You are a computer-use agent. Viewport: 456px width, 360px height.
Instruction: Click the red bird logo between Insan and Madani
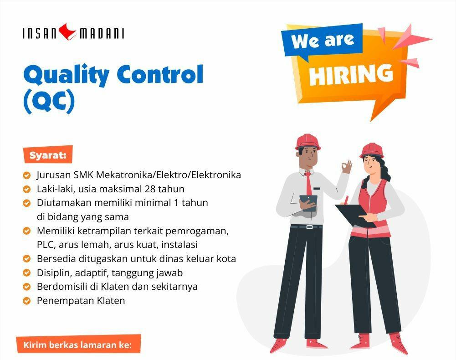coord(67,31)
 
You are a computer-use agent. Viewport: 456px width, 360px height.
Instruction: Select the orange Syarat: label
coord(48,154)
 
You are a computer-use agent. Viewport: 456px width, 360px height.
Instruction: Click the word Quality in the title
coord(67,75)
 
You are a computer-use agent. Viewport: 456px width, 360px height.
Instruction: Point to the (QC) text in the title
coord(49,102)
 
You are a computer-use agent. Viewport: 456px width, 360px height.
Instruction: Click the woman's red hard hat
coord(372,150)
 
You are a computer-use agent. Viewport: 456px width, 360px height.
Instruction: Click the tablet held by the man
coord(308,202)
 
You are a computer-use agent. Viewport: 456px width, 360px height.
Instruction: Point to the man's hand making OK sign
coord(346,166)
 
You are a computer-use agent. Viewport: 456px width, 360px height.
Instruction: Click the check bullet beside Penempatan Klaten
coord(26,301)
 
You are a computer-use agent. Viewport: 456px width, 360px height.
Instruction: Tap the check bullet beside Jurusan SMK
coord(26,175)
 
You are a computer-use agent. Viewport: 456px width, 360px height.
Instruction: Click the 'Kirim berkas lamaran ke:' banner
coord(78,345)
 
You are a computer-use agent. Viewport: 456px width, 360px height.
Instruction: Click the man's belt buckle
coord(309,227)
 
